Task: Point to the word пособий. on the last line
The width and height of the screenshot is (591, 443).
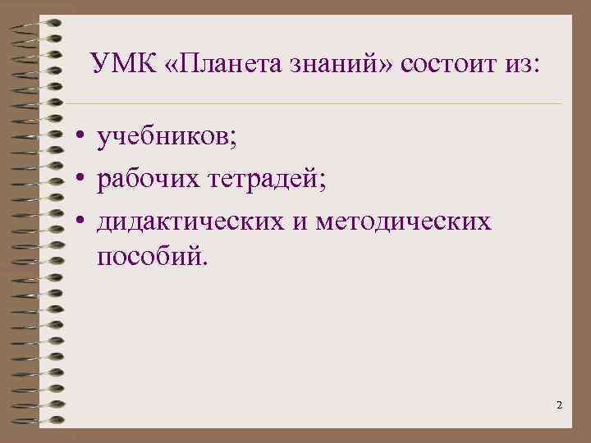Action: pos(153,258)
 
